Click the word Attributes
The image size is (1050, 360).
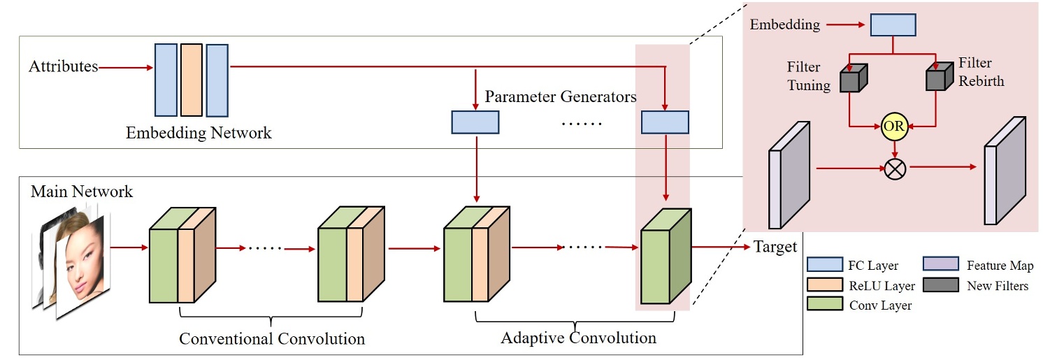pyautogui.click(x=63, y=67)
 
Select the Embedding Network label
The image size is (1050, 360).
pyautogui.click(x=199, y=133)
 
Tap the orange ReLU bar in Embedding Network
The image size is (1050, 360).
pyautogui.click(x=191, y=80)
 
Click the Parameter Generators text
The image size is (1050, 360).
pyautogui.click(x=560, y=96)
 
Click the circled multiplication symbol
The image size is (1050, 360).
pyautogui.click(x=894, y=168)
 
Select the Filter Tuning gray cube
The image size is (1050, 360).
pyautogui.click(x=853, y=78)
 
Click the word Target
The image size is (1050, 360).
pyautogui.click(x=775, y=247)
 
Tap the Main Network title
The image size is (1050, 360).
pyautogui.click(x=82, y=191)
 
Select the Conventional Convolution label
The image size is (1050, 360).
pyautogui.click(x=272, y=339)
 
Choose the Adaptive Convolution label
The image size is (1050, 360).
pyautogui.click(x=578, y=338)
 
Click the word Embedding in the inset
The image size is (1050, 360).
pyautogui.click(x=784, y=25)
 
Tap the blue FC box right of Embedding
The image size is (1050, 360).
pyautogui.click(x=893, y=24)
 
